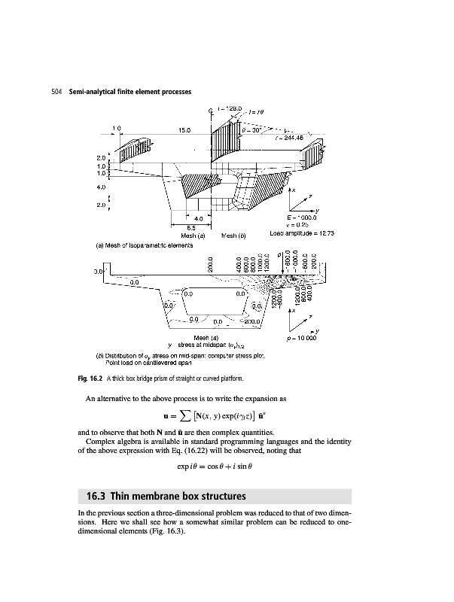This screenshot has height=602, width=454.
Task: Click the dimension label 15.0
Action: tap(183, 129)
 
